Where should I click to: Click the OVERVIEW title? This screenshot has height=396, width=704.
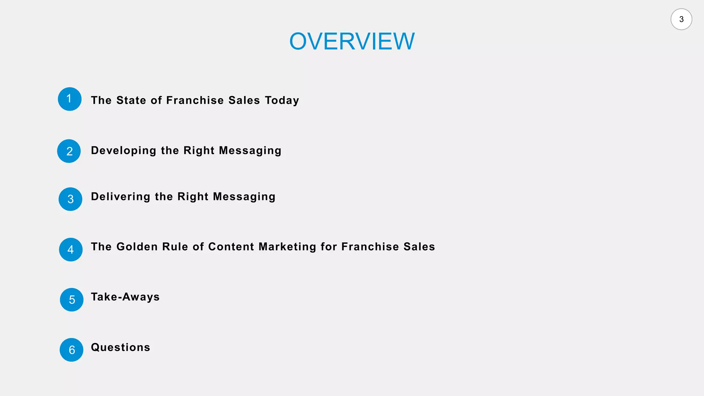(352, 41)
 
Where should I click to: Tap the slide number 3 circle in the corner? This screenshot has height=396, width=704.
(681, 19)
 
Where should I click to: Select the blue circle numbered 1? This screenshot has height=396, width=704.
(69, 99)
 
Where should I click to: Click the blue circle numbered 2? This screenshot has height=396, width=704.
(69, 151)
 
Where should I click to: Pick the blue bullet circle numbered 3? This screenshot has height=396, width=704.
(70, 199)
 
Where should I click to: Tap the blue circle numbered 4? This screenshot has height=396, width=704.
(71, 250)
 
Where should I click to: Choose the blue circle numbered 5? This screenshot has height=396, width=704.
(71, 300)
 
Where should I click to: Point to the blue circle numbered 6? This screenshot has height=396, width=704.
(71, 350)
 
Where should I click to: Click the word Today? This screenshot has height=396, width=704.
(282, 100)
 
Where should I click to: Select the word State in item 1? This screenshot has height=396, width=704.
(131, 100)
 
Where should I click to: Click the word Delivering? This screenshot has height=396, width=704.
(121, 197)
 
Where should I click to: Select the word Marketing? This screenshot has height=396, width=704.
(287, 247)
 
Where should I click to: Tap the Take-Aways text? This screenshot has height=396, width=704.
(125, 297)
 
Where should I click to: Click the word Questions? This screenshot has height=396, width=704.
(120, 347)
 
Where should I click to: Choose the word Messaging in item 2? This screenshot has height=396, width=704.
(250, 151)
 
